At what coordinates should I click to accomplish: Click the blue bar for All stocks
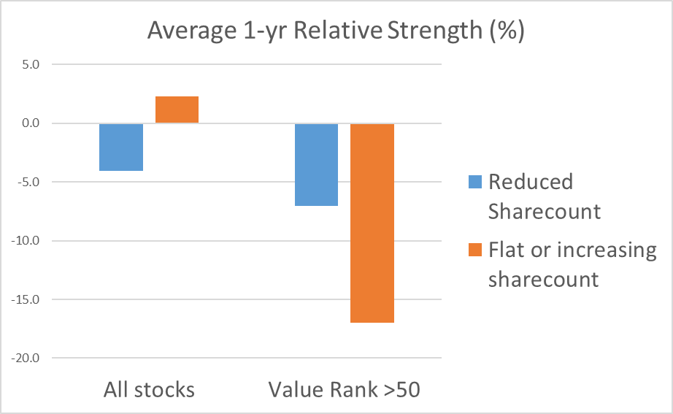(x=121, y=147)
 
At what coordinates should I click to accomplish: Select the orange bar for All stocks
(x=177, y=110)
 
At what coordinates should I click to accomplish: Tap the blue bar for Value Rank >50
(x=316, y=164)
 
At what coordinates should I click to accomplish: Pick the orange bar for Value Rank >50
(x=372, y=223)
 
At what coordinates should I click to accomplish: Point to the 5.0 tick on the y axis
(x=31, y=64)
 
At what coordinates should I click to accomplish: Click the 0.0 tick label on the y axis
(x=31, y=123)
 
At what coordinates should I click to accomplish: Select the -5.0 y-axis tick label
(x=28, y=182)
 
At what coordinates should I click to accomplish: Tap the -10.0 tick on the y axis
(x=26, y=240)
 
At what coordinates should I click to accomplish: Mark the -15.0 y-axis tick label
(x=26, y=299)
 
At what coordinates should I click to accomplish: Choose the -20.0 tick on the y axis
(x=26, y=358)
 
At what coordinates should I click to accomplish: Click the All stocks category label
(x=149, y=390)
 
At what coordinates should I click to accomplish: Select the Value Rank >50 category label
(x=345, y=390)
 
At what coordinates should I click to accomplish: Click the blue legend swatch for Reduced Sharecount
(x=475, y=182)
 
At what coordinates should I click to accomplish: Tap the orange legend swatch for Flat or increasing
(x=475, y=250)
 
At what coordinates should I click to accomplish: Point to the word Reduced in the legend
(x=531, y=182)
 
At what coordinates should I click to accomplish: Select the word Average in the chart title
(x=192, y=31)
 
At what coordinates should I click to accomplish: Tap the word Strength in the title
(x=435, y=31)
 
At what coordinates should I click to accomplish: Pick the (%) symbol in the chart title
(x=507, y=31)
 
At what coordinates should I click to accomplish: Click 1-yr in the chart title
(x=265, y=31)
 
